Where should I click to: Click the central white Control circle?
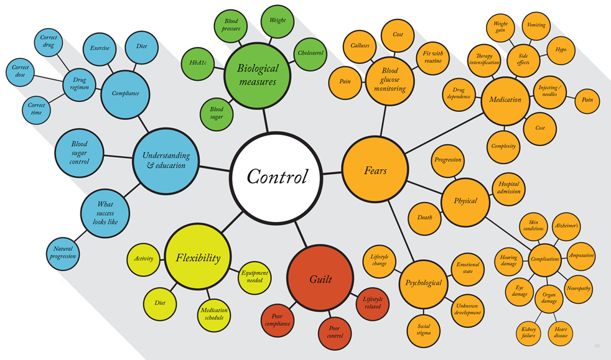[277, 177]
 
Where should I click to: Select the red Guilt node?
[320, 279]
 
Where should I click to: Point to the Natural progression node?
[63, 252]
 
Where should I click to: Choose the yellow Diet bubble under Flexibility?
[160, 303]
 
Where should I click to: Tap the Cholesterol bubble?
[310, 53]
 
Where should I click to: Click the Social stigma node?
[424, 330]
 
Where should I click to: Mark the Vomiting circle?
[536, 25]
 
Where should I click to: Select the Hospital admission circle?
[508, 188]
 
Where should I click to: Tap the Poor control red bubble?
[335, 332]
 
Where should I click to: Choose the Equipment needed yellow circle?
[254, 277]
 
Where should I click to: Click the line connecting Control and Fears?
[333, 172]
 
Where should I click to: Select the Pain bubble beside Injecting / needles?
[587, 99]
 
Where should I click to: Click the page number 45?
[597, 346]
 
